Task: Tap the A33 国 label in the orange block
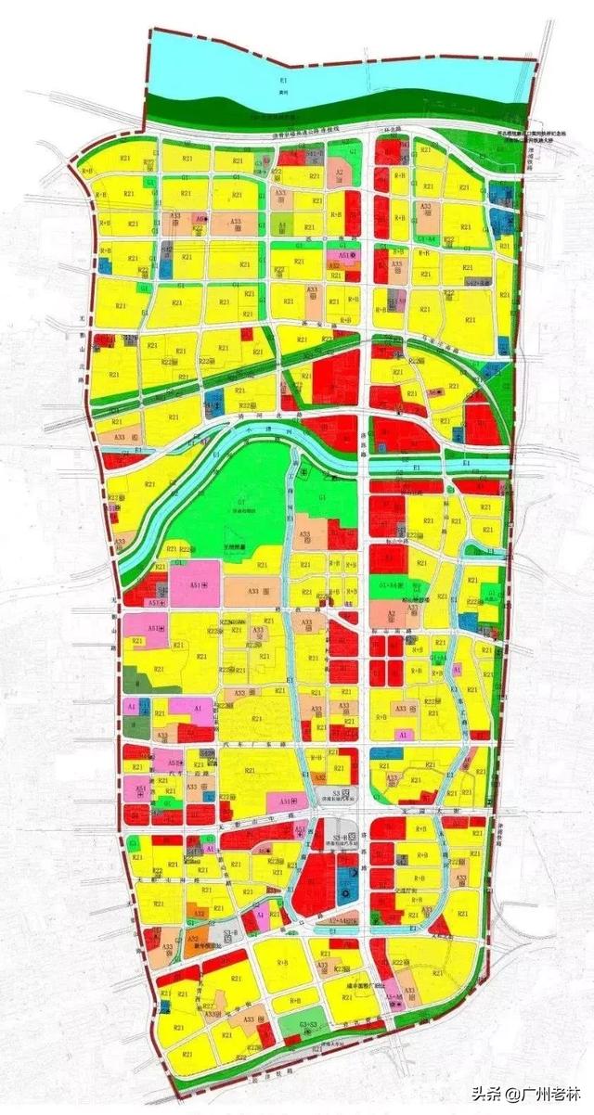coord(255,590)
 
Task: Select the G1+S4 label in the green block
coord(392,587)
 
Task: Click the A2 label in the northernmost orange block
coord(341,173)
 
